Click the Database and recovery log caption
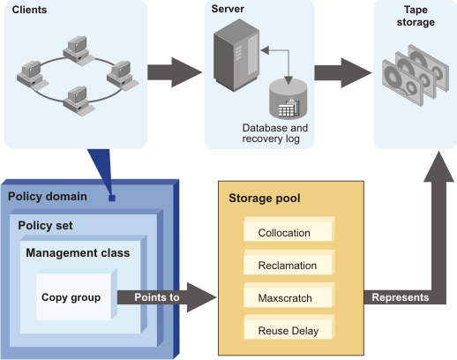[x=274, y=133]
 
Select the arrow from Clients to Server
[x=173, y=71]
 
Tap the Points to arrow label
[x=157, y=297]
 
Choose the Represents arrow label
[x=400, y=297]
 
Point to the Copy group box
[x=71, y=297]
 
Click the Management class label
[x=78, y=253]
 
